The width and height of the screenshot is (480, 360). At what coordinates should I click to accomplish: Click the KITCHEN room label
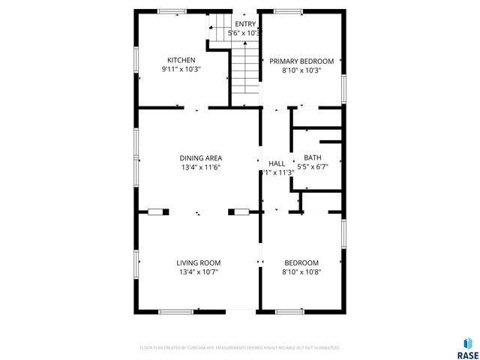tap(181, 60)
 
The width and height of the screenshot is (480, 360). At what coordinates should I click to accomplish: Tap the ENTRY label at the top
tap(245, 24)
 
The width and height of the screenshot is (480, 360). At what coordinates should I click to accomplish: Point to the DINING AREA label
tap(200, 157)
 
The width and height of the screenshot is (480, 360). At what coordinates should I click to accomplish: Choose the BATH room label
tap(312, 157)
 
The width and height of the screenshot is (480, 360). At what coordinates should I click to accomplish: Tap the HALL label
tap(277, 163)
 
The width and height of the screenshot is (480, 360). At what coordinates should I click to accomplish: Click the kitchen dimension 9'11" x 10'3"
tap(181, 69)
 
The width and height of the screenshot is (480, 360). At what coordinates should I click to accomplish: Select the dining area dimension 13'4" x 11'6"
tap(200, 167)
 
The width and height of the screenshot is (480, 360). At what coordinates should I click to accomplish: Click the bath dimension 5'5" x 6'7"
tap(313, 166)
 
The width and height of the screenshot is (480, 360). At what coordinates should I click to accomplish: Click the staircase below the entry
tap(244, 71)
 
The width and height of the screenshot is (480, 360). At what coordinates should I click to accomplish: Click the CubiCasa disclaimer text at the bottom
tap(240, 348)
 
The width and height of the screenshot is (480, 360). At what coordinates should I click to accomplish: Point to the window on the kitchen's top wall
tap(172, 11)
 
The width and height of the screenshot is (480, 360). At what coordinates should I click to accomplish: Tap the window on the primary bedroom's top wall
tap(288, 11)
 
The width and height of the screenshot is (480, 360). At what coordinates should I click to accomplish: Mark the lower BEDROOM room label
tap(301, 262)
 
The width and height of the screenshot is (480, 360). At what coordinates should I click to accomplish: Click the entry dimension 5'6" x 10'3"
tap(245, 33)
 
